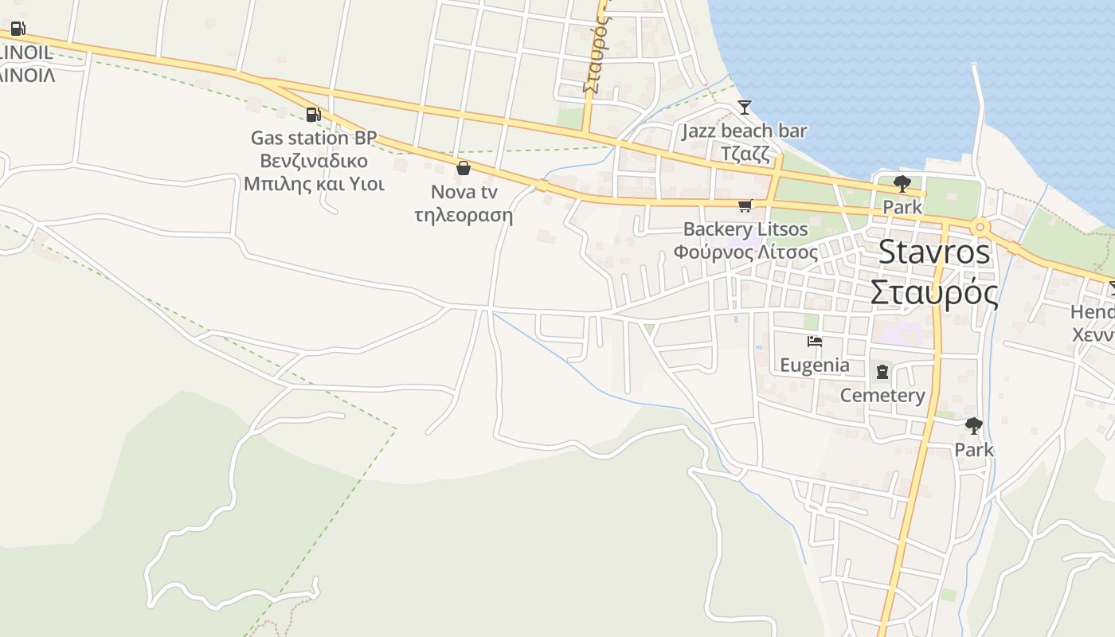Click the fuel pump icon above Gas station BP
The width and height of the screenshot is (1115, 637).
pyautogui.click(x=314, y=115)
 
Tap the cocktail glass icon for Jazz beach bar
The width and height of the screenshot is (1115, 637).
pyautogui.click(x=745, y=107)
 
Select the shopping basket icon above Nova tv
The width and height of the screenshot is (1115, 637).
pyautogui.click(x=464, y=168)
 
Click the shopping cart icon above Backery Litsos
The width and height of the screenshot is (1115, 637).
pyautogui.click(x=745, y=205)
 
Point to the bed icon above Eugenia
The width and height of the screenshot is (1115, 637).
pyautogui.click(x=814, y=342)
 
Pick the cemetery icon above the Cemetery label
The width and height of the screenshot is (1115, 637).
pyautogui.click(x=882, y=371)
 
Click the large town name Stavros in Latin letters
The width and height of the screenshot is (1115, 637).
pyautogui.click(x=934, y=252)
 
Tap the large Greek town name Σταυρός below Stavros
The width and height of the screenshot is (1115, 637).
pyautogui.click(x=934, y=292)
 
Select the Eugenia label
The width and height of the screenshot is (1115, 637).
pyautogui.click(x=814, y=365)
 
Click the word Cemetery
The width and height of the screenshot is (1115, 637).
pyautogui.click(x=882, y=396)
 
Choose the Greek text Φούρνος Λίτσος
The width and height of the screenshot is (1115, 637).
pyautogui.click(x=745, y=252)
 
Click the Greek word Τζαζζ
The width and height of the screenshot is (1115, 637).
pyautogui.click(x=745, y=154)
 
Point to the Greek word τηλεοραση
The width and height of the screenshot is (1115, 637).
pyautogui.click(x=464, y=215)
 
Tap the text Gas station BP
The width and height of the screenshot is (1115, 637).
pyautogui.click(x=314, y=138)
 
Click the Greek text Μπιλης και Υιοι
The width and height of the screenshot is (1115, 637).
pyautogui.click(x=314, y=184)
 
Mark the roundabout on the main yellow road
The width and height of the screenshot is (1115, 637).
pyautogui.click(x=980, y=228)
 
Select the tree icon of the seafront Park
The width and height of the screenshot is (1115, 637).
pyautogui.click(x=902, y=184)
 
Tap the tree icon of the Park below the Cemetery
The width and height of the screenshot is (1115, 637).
pyautogui.click(x=973, y=426)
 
